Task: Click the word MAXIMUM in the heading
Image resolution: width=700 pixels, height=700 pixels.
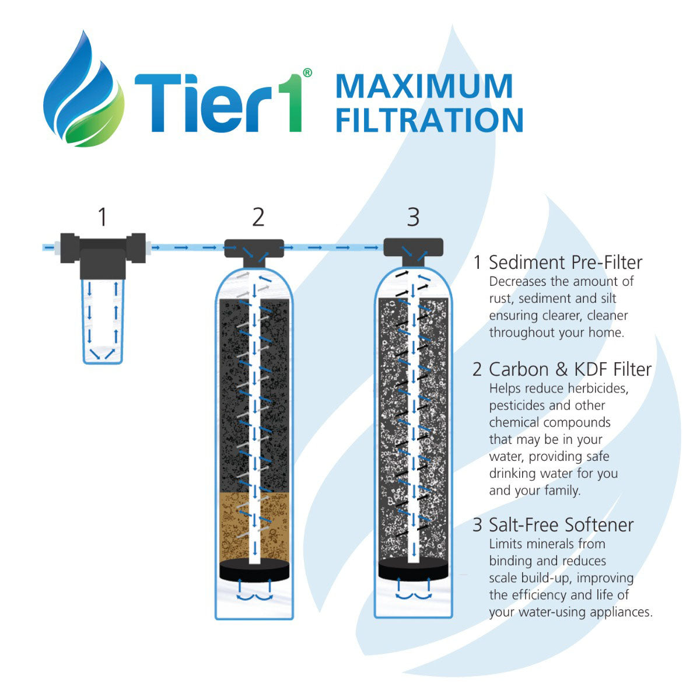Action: (x=424, y=86)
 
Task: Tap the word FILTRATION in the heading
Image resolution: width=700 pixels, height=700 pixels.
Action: (x=429, y=119)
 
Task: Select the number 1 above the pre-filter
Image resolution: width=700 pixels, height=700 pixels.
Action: (x=103, y=217)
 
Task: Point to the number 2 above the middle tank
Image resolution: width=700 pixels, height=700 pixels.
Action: (x=258, y=217)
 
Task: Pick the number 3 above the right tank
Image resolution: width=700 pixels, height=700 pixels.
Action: (x=413, y=217)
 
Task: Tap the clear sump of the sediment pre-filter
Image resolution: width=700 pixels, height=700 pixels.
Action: (x=103, y=321)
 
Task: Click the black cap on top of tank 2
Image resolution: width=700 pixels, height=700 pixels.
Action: (x=254, y=249)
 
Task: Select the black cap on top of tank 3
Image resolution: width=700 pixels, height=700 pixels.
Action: (x=413, y=249)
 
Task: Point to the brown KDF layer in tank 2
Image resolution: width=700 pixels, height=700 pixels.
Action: (x=233, y=525)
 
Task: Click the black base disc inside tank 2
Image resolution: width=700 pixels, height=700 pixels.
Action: (x=254, y=570)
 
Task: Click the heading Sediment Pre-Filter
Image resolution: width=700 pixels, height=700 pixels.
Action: (x=565, y=262)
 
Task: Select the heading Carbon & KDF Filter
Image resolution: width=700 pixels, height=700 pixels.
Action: (x=570, y=369)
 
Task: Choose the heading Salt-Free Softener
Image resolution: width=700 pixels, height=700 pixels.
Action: (x=561, y=525)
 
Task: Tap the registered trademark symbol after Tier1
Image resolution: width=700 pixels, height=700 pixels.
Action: (x=307, y=73)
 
